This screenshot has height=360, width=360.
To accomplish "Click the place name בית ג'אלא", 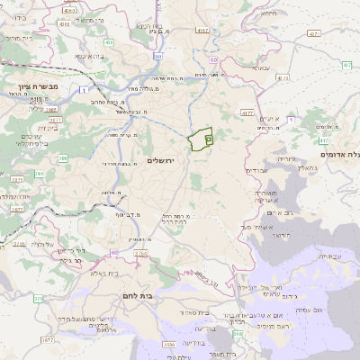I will tap(102, 273).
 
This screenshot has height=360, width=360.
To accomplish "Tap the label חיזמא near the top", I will tap(268, 13).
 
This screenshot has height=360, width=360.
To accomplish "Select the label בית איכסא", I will tap(86, 56).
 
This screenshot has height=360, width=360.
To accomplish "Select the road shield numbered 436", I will tap(108, 42).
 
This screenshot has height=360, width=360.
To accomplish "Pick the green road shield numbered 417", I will tap(324, 140).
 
